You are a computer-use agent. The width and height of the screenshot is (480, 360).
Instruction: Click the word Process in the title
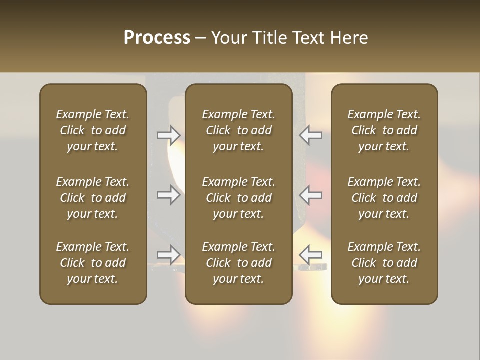point(157,38)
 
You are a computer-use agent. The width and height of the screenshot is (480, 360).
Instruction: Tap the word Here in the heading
point(349,38)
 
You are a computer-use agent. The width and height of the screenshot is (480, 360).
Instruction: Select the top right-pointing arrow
point(169,135)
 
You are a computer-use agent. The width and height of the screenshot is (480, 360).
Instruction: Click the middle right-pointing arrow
point(169,195)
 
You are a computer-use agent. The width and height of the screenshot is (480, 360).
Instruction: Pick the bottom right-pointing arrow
point(169,255)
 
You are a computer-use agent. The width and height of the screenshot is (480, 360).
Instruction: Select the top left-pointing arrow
point(310,135)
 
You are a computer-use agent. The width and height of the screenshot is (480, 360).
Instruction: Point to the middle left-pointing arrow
point(310,195)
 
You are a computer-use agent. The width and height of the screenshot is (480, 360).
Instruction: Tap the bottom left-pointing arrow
point(310,255)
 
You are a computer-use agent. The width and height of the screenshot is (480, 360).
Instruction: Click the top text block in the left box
point(93,130)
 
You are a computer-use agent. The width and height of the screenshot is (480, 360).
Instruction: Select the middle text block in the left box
point(93,198)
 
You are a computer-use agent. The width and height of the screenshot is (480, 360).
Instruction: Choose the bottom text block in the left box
point(93,263)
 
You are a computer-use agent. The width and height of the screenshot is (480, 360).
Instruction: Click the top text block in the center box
point(238,130)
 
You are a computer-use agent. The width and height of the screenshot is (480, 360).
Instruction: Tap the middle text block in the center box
point(238,198)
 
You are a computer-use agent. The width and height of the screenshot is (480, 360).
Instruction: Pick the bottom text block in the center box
point(238,263)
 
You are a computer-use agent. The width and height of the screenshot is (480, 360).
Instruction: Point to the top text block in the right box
point(384,130)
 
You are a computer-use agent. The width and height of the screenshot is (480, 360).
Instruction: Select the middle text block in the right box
point(384,198)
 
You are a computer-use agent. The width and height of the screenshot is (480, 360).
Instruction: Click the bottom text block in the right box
point(384,263)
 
